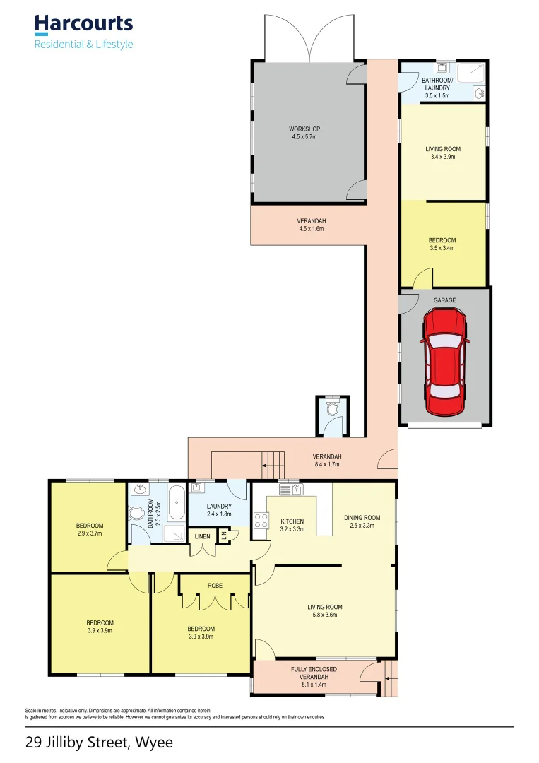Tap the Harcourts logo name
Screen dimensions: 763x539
coord(83,23)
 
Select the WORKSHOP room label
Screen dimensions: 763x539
coord(304,129)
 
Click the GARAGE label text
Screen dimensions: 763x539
coord(445,300)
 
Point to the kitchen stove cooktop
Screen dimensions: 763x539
coord(260,521)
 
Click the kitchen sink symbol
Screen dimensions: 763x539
coord(290,488)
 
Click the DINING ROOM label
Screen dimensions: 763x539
coord(362,518)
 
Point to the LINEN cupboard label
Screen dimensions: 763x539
coord(202,537)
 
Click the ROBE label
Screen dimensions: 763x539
coord(215,586)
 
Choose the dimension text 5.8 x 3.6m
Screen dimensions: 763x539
coord(325,615)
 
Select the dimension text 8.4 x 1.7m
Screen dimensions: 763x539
coord(327,464)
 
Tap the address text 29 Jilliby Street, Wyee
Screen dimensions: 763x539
coord(99,743)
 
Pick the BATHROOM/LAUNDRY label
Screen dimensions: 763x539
coord(436,84)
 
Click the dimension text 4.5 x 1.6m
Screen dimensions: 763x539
coord(311,229)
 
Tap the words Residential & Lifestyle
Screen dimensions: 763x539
coord(83,45)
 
